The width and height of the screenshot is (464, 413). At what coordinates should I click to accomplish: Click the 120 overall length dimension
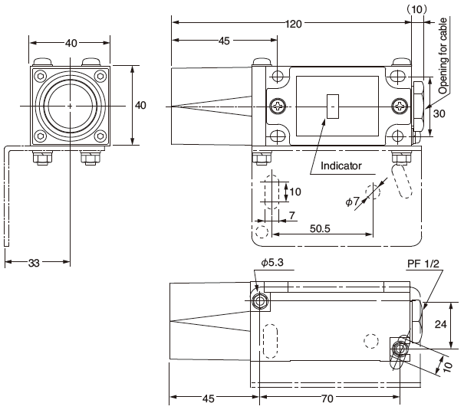293,23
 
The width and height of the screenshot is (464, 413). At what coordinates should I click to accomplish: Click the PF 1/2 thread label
423,264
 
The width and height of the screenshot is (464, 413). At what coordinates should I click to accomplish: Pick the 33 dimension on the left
34,264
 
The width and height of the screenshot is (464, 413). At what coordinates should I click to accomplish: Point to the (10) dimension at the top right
417,8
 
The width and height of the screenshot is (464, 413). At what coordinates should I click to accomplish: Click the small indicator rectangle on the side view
332,107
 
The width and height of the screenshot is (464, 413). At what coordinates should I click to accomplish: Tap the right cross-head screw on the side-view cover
400,106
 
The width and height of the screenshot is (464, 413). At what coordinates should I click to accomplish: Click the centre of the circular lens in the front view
70,105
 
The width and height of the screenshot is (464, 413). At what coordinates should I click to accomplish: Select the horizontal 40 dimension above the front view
71,43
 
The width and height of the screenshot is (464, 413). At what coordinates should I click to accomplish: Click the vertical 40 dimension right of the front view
140,105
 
